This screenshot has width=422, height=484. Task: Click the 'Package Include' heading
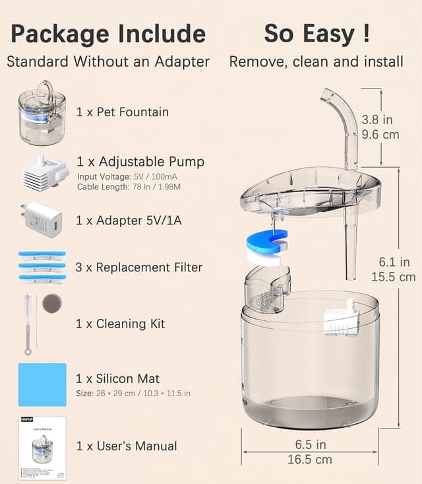(x=107, y=33)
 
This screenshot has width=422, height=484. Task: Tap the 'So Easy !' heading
(x=316, y=33)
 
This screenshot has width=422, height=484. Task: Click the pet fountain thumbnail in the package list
(x=42, y=113)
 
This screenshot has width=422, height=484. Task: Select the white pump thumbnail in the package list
(x=42, y=173)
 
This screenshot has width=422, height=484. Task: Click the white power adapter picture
(x=43, y=220)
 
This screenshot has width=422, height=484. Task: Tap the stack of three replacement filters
(x=42, y=267)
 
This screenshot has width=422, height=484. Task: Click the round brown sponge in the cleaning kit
(x=51, y=304)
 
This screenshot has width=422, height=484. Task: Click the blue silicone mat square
(x=42, y=384)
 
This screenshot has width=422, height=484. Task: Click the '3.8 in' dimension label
(x=378, y=120)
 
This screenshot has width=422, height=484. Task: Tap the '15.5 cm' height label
(x=394, y=277)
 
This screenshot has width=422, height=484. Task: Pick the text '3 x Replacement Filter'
(x=139, y=267)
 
